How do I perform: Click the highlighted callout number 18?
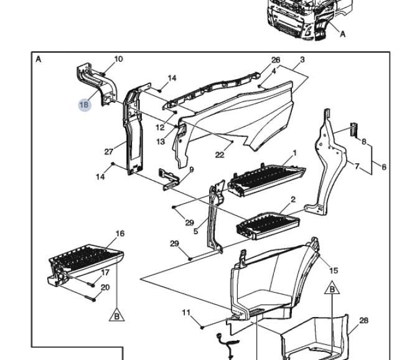pyautogui.click(x=85, y=105)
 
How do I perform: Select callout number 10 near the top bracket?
pyautogui.click(x=118, y=59)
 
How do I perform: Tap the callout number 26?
pyautogui.click(x=276, y=60)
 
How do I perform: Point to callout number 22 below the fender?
pyautogui.click(x=219, y=154)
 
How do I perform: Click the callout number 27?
pyautogui.click(x=110, y=151)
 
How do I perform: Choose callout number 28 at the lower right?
pyautogui.click(x=363, y=320)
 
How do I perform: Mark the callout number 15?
pyautogui.click(x=334, y=270)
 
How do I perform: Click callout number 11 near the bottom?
pyautogui.click(x=186, y=313)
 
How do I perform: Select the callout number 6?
pyautogui.click(x=384, y=167)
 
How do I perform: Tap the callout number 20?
pyautogui.click(x=105, y=287)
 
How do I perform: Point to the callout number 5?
pyautogui.click(x=195, y=232)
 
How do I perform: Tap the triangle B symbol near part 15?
pyautogui.click(x=333, y=290)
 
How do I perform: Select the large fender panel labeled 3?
pyautogui.click(x=249, y=115)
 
